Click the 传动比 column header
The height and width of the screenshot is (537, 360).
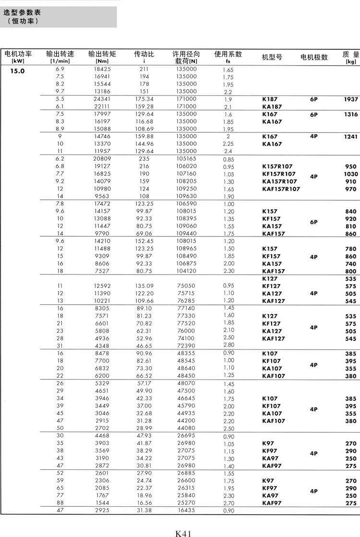coord(144,54)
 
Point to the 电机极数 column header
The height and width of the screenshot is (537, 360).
coord(314,57)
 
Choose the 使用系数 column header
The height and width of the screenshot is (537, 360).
coord(228,54)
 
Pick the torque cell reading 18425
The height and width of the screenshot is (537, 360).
coord(102,69)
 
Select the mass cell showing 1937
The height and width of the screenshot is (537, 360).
coord(351,99)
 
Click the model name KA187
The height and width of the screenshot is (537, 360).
coord(272,107)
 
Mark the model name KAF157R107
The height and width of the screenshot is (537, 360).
coord(281,189)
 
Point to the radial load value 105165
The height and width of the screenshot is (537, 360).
coord(186,159)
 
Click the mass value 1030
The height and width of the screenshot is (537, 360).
coord(351,174)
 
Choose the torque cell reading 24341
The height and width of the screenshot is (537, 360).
coord(102,99)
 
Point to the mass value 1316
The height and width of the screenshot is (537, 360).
coord(351,114)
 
